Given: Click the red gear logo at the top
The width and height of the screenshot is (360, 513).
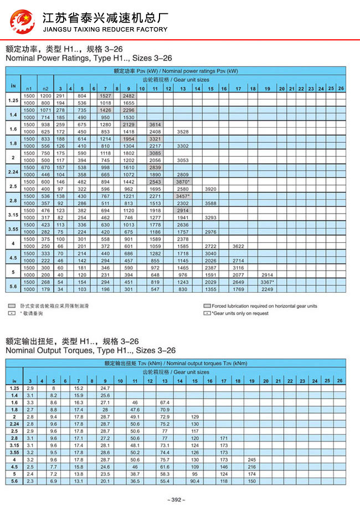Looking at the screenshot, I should [x=22, y=22].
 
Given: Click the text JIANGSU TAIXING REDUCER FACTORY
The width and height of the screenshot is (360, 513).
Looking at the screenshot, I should [x=105, y=29].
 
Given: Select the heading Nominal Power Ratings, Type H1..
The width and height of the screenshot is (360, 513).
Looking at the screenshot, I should [x=89, y=58].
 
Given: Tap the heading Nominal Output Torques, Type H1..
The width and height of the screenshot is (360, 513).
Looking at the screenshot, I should [x=90, y=350].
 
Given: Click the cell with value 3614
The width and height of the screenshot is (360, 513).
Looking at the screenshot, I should [x=155, y=125].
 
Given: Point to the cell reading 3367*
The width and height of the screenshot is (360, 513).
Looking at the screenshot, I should [x=267, y=282].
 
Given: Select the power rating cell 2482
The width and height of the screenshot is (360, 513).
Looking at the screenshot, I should [x=128, y=96].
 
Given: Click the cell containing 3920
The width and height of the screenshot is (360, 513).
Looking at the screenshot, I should [x=210, y=189].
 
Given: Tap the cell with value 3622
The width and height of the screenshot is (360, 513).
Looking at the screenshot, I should [x=238, y=246].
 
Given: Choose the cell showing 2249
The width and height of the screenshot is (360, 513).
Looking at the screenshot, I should [x=267, y=289].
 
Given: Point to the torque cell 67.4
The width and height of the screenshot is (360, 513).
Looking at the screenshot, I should [x=164, y=402].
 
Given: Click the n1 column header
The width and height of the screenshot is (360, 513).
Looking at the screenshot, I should [x=29, y=89].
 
